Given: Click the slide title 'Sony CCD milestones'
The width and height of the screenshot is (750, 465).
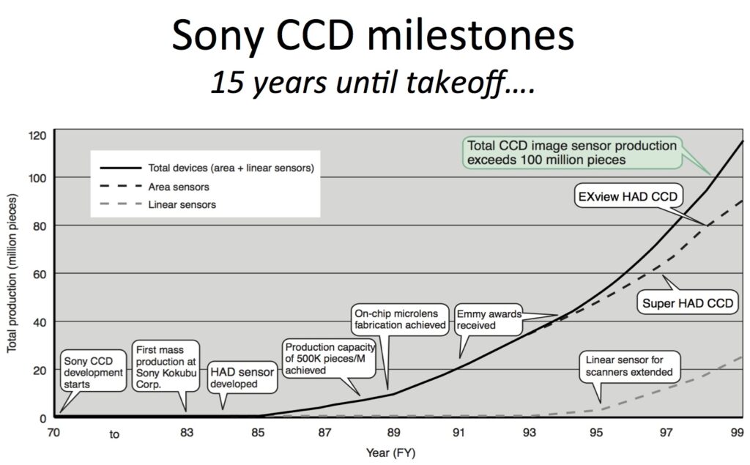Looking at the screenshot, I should pos(374,36).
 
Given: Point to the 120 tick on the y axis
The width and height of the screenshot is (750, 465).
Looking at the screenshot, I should pos(37,135).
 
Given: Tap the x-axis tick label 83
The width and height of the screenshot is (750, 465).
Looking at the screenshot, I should pos(186,433).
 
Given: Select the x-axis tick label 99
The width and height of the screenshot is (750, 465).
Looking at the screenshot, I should pos(738,433).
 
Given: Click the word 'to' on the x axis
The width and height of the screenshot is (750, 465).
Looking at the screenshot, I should pos(114,434).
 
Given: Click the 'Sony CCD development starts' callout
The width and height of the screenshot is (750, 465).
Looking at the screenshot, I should pos(93,372).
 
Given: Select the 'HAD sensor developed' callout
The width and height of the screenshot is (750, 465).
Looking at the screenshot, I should pos(242,377).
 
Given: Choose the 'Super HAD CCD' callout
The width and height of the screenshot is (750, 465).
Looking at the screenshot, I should pos(688,303).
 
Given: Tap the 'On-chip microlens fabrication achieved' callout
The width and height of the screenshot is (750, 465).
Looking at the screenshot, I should pos(399,319).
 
